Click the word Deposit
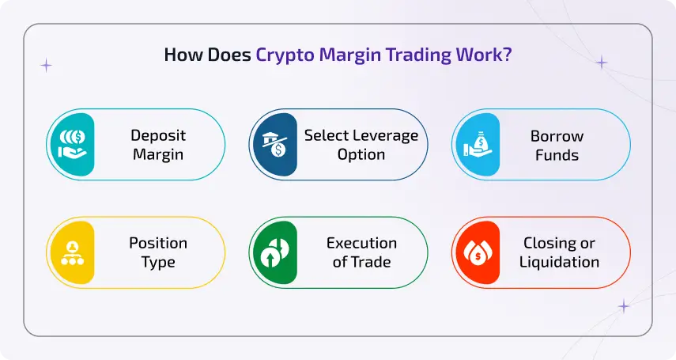click(158, 135)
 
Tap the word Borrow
click(557, 135)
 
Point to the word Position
click(158, 243)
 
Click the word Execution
click(361, 243)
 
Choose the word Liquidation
click(559, 262)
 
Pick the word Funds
click(557, 154)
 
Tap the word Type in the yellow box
click(158, 262)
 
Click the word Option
click(361, 154)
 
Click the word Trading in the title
click(414, 56)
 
